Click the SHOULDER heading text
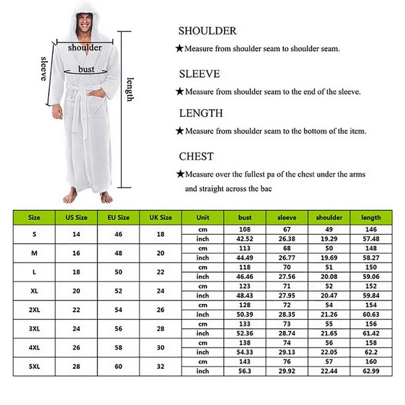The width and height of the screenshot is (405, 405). [208, 31]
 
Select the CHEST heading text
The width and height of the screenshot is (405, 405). [196, 156]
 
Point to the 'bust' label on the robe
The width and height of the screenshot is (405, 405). [86, 69]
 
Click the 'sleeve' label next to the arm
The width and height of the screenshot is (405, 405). [44, 68]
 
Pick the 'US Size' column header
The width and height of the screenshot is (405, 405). [76, 218]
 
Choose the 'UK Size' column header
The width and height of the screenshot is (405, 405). [160, 218]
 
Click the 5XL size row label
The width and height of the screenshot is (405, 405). [34, 366]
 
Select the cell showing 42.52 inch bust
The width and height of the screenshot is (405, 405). [245, 238]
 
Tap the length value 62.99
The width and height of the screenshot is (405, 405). [371, 371]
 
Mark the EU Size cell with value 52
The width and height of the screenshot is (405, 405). [119, 291]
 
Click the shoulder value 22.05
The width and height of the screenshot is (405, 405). [329, 352]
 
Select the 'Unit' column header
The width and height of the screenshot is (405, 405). [202, 218]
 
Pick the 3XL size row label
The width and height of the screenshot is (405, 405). [34, 328]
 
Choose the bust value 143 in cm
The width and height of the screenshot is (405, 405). [245, 361]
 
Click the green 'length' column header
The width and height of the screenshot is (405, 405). [371, 218]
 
